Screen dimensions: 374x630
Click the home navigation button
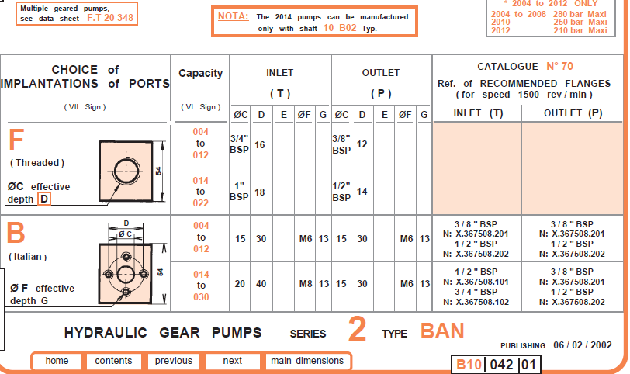[x=57, y=361]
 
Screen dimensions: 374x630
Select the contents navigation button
[x=113, y=361]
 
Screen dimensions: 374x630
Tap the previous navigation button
[x=173, y=361]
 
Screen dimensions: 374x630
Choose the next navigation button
[x=232, y=361]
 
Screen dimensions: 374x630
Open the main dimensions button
[x=306, y=361]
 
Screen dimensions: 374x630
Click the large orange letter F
[x=18, y=140]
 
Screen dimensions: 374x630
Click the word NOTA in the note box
[x=234, y=16]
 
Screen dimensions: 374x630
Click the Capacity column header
[x=200, y=74]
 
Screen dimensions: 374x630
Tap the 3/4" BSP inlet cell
[x=240, y=145]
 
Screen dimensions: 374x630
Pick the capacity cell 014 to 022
[x=200, y=191]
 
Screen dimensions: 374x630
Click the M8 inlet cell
[x=306, y=284]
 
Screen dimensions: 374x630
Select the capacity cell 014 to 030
[x=200, y=285]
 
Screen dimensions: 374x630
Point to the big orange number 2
[x=357, y=331]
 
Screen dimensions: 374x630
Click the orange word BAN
[x=442, y=331]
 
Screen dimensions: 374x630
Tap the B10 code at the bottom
[x=468, y=364]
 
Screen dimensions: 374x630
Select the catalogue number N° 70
[x=559, y=67]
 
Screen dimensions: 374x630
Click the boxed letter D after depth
[x=44, y=199]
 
